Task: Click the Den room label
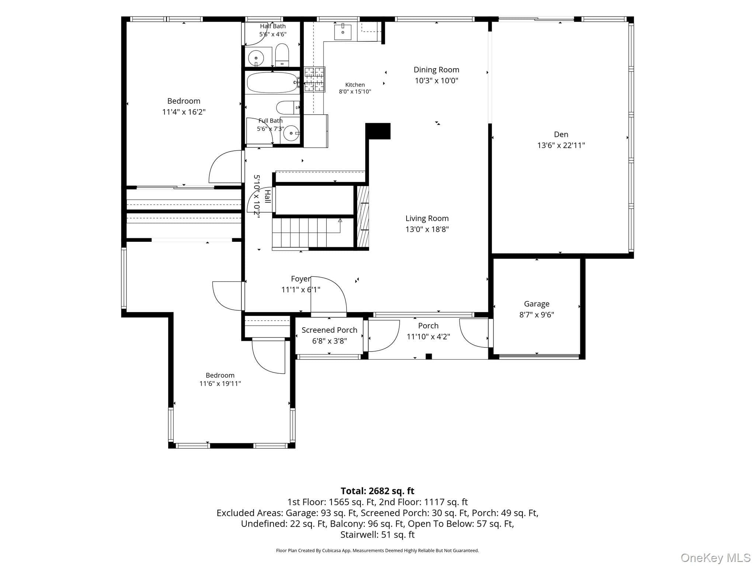tap(561, 134)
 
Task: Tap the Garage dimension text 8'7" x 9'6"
tap(536, 315)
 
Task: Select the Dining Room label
tap(436, 70)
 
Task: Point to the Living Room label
tap(427, 219)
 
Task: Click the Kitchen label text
tap(355, 85)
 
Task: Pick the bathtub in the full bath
tap(272, 83)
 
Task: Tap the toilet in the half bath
tap(282, 55)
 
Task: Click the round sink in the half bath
tap(256, 58)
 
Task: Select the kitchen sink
tap(343, 32)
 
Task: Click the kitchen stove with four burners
tap(314, 79)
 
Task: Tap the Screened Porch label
tap(329, 330)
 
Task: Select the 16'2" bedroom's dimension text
tap(184, 112)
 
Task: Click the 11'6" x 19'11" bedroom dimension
tap(220, 384)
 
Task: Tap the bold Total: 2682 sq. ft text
tap(377, 491)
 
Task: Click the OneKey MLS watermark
tap(715, 558)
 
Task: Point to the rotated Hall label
tap(267, 196)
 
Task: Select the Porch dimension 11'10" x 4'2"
tap(428, 337)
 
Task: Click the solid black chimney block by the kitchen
tap(378, 131)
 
